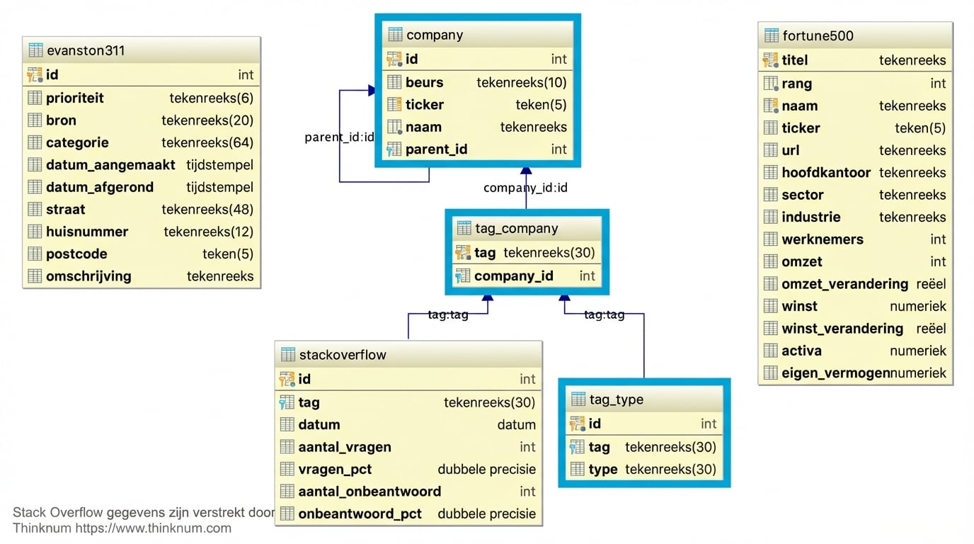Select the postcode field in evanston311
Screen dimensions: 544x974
click(x=76, y=254)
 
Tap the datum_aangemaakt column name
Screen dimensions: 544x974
click(x=110, y=165)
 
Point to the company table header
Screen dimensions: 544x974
click(x=435, y=35)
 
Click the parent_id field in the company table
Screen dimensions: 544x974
click(x=436, y=149)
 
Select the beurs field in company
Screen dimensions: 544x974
click(x=424, y=82)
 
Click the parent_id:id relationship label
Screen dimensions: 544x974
click(x=339, y=137)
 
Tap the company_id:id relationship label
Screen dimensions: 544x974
click(x=525, y=188)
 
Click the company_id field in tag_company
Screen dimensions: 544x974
click(x=513, y=276)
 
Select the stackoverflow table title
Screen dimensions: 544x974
click(x=343, y=354)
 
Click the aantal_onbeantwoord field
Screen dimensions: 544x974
click(x=369, y=491)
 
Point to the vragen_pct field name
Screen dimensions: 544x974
click(x=335, y=469)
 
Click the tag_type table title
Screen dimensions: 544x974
click(x=616, y=399)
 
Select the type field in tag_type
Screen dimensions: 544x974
click(x=602, y=469)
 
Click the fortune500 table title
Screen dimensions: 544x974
click(x=818, y=35)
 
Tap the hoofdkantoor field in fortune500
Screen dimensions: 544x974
click(x=826, y=172)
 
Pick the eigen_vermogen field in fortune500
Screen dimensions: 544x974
click(x=835, y=373)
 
